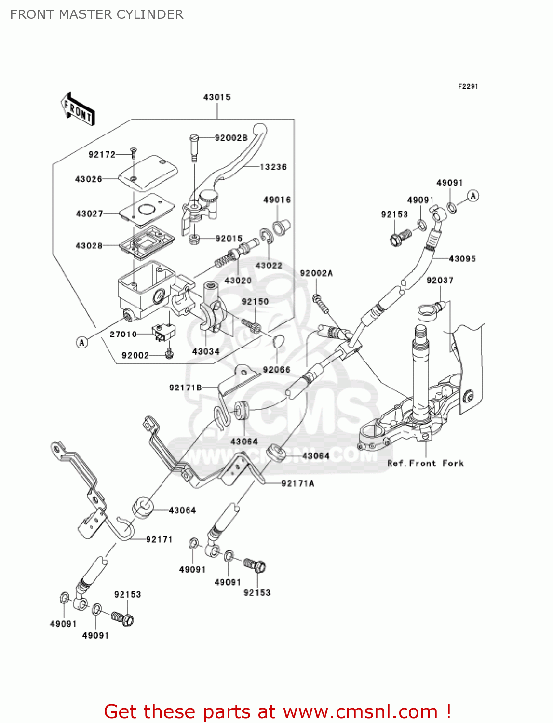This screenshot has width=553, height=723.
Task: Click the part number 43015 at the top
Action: click(217, 97)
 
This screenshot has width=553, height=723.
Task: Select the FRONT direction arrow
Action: click(78, 109)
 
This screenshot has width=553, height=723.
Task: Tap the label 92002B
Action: click(231, 138)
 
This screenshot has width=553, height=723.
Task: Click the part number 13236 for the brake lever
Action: click(273, 167)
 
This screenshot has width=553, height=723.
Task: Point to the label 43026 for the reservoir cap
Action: click(88, 179)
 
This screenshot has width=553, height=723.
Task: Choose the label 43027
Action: click(89, 214)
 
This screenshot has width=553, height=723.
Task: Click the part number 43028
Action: click(89, 245)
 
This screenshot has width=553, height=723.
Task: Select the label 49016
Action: click(277, 200)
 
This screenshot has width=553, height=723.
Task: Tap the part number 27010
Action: click(123, 334)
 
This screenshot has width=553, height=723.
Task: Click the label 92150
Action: click(255, 301)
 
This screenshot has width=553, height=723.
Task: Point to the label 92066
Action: click(276, 370)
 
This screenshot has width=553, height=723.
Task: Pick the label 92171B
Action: click(186, 388)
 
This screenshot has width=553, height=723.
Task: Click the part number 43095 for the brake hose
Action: click(462, 259)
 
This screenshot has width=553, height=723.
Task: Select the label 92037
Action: click(440, 280)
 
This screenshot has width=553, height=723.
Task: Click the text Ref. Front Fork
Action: click(425, 463)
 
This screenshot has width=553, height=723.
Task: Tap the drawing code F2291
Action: click(468, 86)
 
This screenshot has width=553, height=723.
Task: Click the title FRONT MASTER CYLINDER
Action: click(96, 14)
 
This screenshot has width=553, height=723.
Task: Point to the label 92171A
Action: click(297, 483)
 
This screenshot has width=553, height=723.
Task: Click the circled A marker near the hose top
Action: click(473, 196)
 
